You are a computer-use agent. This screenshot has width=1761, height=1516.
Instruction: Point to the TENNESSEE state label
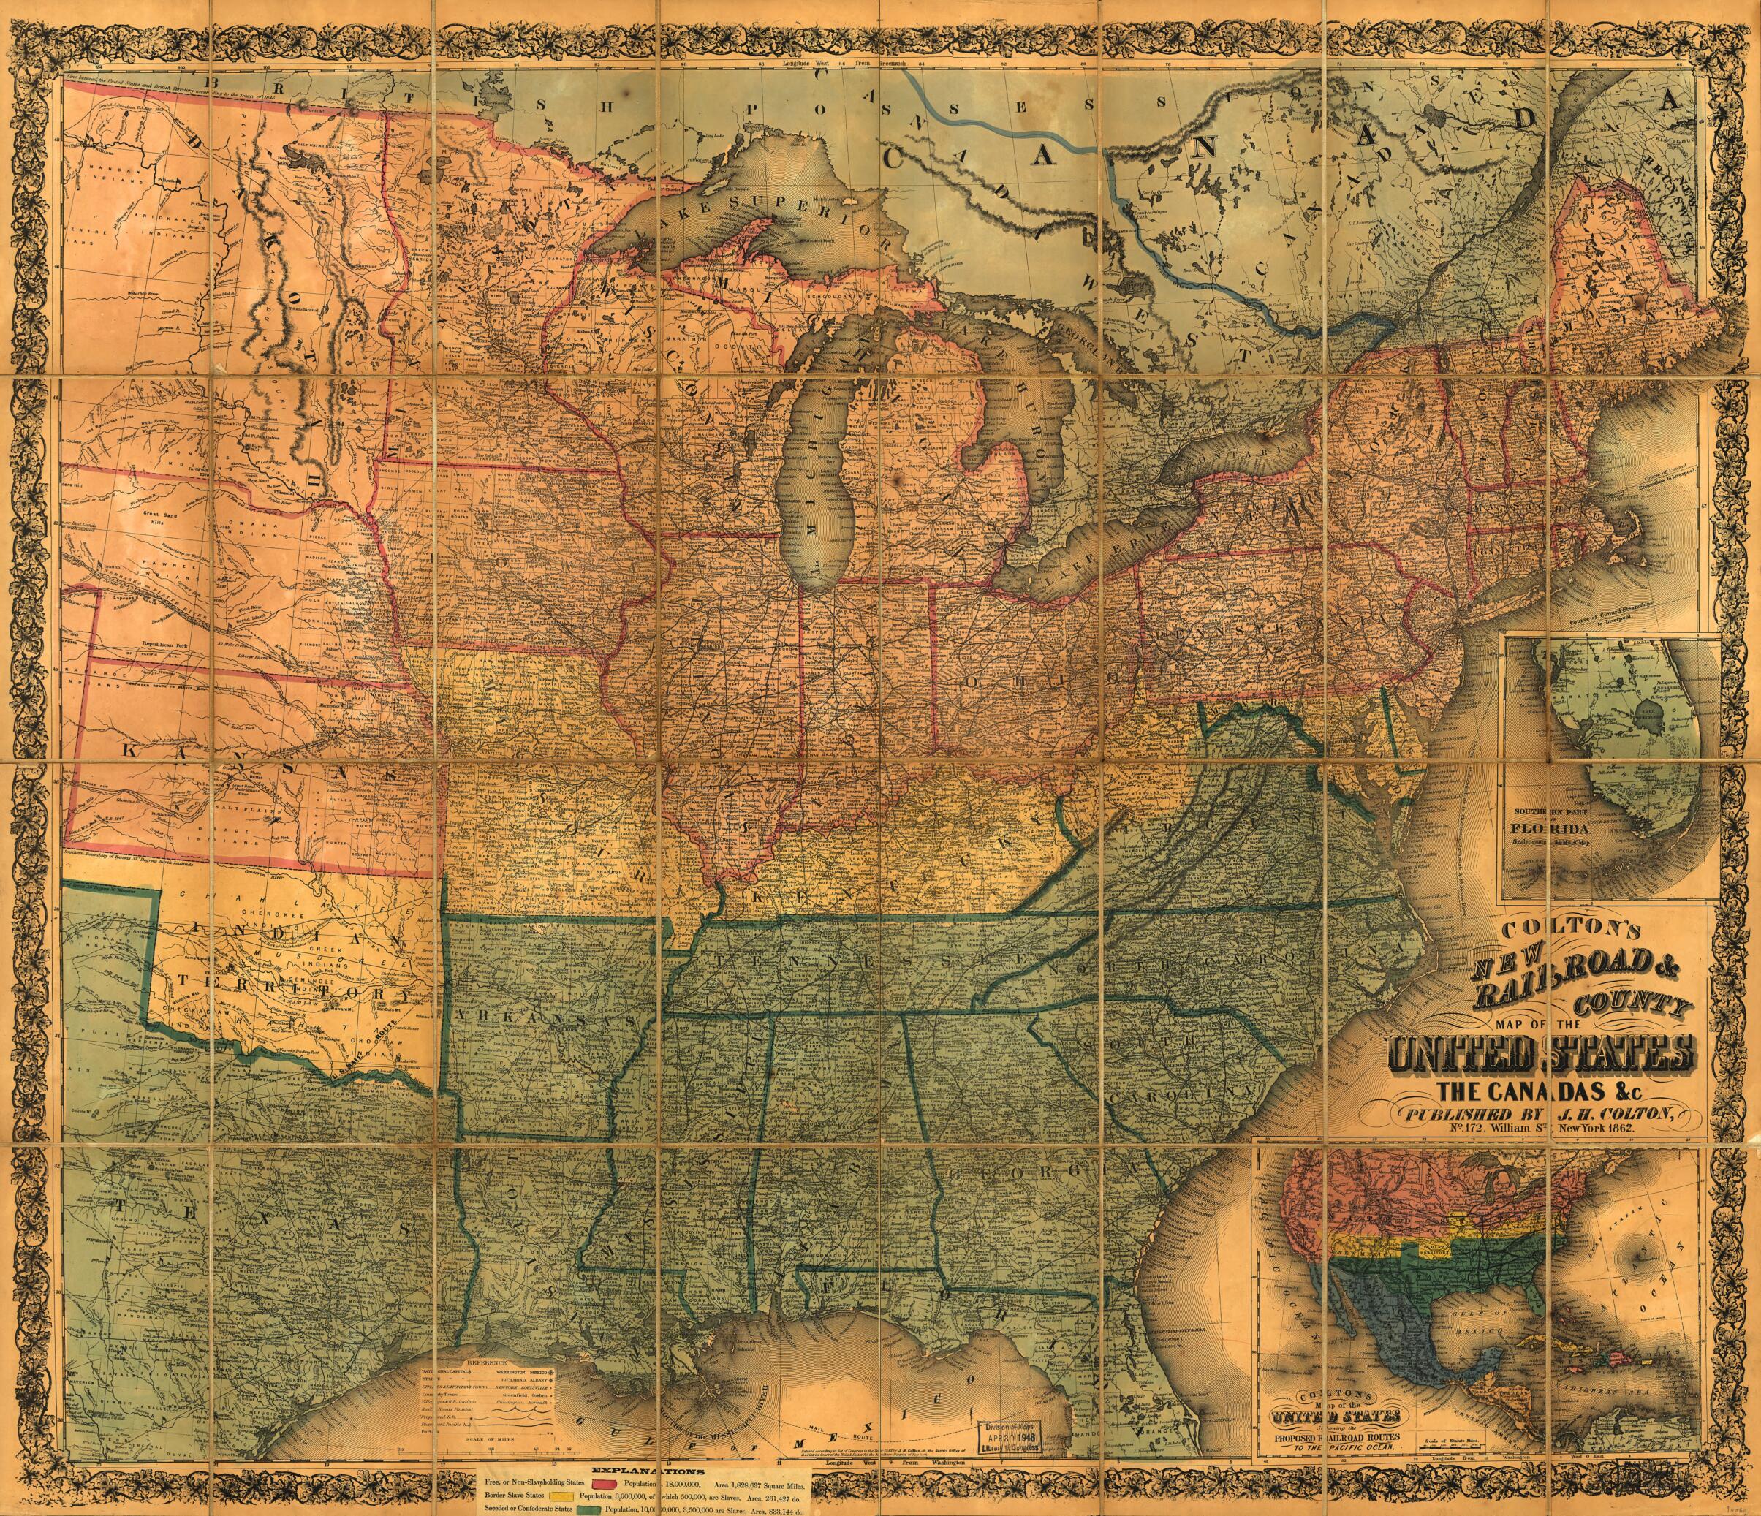tap(876, 960)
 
